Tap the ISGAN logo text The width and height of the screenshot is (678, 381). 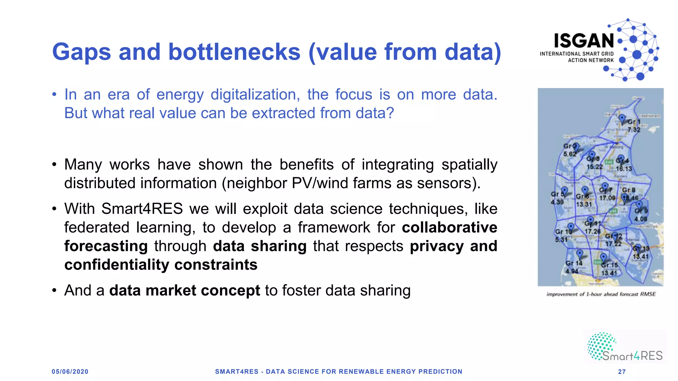tap(584, 41)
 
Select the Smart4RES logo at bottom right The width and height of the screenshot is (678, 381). tap(625, 347)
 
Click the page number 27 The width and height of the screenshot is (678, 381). tap(622, 372)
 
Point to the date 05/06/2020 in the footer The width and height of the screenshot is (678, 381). tap(70, 372)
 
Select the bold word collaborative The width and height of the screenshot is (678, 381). tap(449, 228)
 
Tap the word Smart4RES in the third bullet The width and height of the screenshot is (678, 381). tap(142, 209)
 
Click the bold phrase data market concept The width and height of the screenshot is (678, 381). tap(185, 290)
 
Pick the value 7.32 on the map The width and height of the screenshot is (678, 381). tap(634, 130)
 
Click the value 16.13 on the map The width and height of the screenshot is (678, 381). tap(624, 169)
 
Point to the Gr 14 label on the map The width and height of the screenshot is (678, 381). tap(574, 263)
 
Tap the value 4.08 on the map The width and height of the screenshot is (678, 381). tap(641, 219)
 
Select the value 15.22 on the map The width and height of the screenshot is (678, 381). tap(595, 167)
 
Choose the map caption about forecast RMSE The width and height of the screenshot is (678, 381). tap(601, 294)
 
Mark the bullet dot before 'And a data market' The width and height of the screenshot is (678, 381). tap(54, 290)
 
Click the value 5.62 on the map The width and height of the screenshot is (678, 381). tap(570, 154)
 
